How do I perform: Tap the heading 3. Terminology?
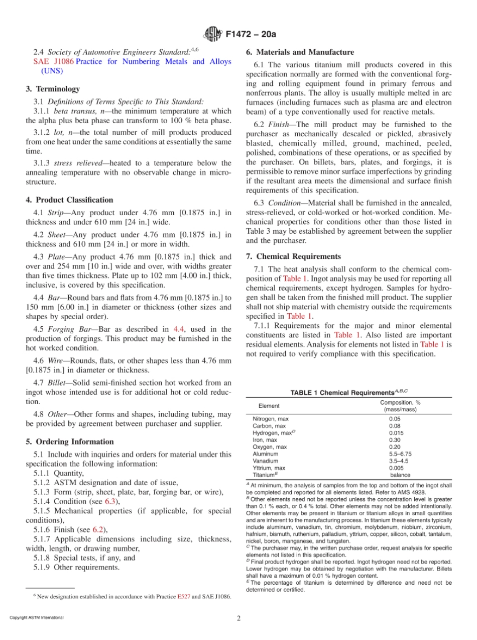(x=52, y=89)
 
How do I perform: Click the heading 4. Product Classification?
(x=69, y=200)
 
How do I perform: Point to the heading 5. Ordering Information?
(x=69, y=441)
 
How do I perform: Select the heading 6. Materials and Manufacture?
(x=300, y=52)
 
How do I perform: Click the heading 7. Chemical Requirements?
(x=293, y=256)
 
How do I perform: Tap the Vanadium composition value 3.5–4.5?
(x=399, y=461)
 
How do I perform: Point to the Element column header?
(x=269, y=406)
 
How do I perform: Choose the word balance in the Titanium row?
(x=400, y=475)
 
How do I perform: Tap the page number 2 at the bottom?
(x=238, y=618)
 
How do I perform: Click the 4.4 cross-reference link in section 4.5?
(x=178, y=329)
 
